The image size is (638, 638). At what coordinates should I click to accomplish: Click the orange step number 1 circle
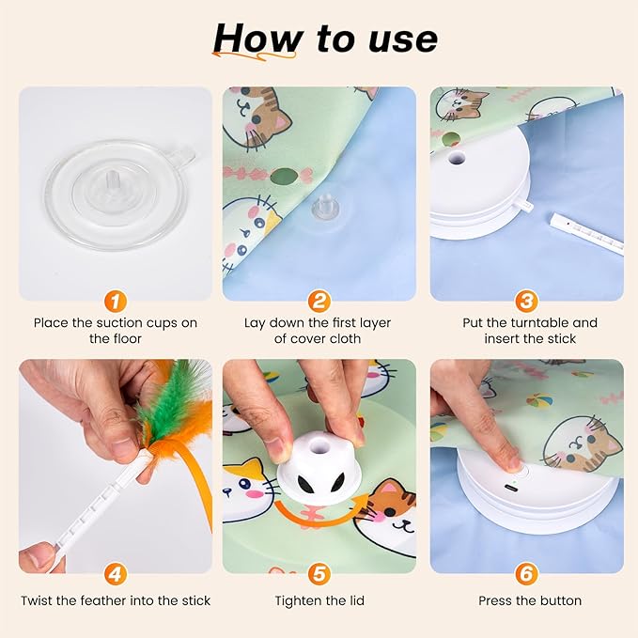(x=115, y=302)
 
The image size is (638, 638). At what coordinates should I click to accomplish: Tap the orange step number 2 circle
(x=319, y=302)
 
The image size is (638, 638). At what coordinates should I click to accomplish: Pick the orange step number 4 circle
(x=115, y=574)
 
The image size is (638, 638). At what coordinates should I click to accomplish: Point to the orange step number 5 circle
(x=319, y=574)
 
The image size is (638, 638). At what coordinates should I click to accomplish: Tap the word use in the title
(x=399, y=39)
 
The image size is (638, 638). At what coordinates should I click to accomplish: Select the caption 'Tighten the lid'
(x=319, y=600)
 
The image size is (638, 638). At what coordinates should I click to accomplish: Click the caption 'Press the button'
(x=529, y=600)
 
